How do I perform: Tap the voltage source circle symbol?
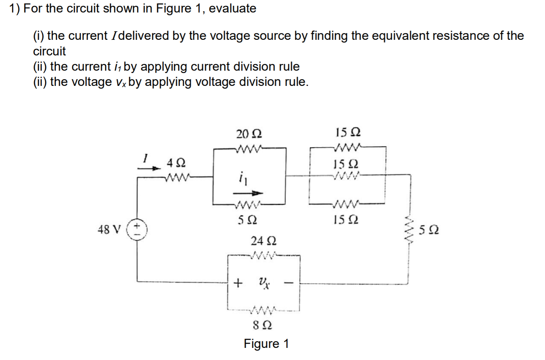pyautogui.click(x=137, y=230)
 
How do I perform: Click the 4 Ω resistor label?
pyautogui.click(x=176, y=162)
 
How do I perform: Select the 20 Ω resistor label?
pyautogui.click(x=249, y=134)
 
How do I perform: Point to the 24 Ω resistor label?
pyautogui.click(x=263, y=240)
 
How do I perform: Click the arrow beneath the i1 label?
pyautogui.click(x=248, y=193)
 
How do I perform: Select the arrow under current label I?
pyautogui.click(x=149, y=168)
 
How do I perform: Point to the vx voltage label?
pyautogui.click(x=264, y=282)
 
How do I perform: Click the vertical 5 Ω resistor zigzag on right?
pyautogui.click(x=409, y=230)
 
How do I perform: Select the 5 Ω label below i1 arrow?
pyautogui.click(x=247, y=220)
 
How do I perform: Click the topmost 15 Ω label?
pyautogui.click(x=348, y=132)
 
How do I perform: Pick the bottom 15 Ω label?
pyautogui.click(x=346, y=220)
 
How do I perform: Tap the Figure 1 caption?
pyautogui.click(x=266, y=344)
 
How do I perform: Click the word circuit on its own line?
pyautogui.click(x=49, y=51)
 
